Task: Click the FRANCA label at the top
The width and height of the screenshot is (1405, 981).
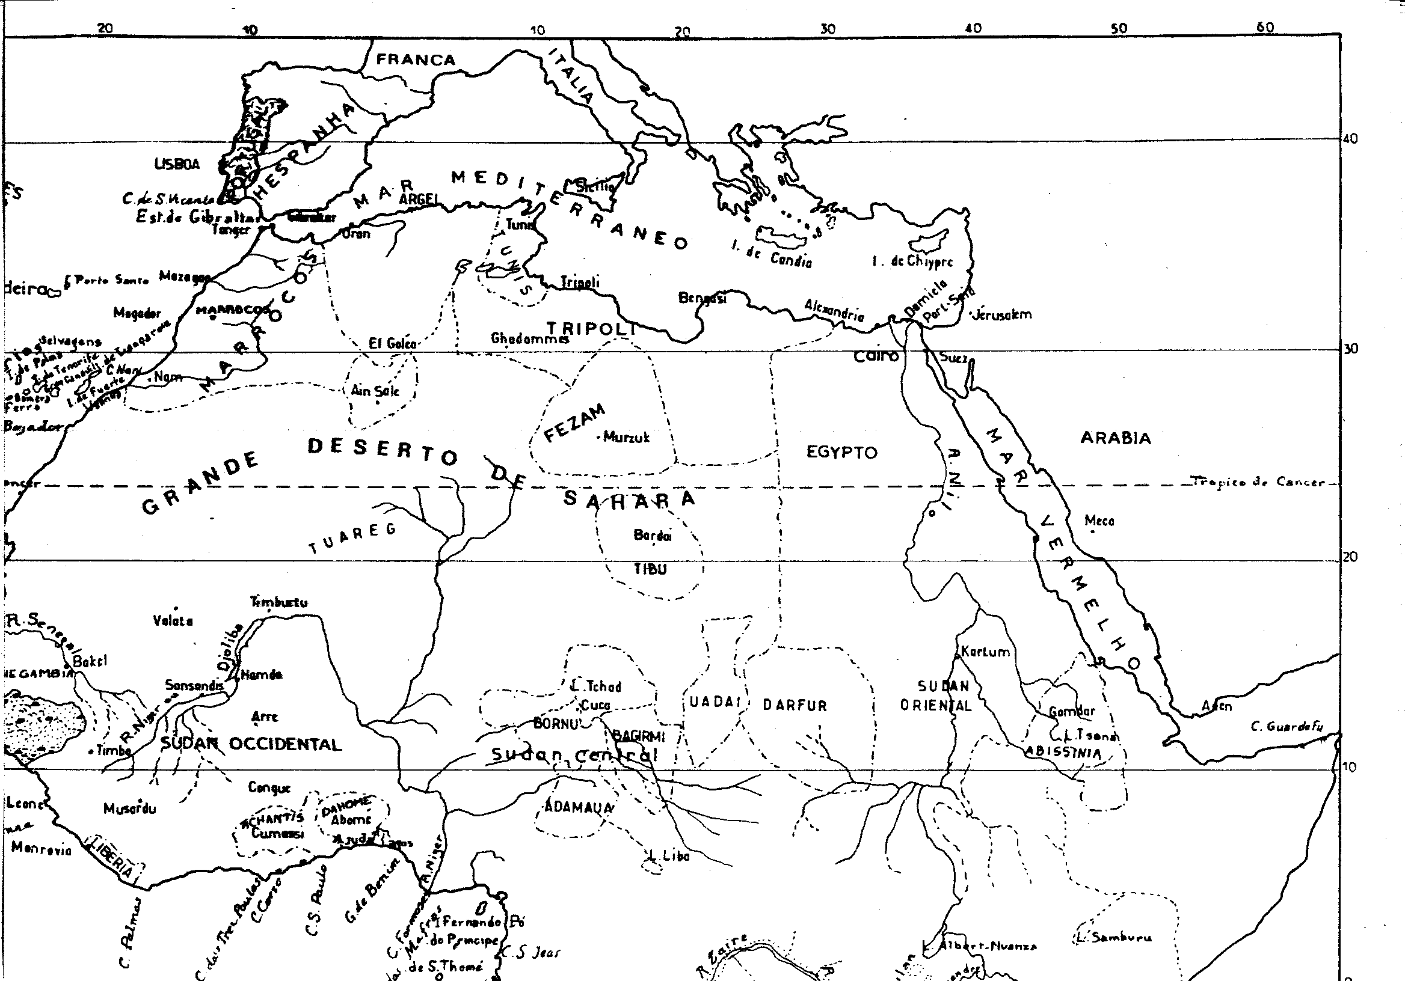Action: (416, 60)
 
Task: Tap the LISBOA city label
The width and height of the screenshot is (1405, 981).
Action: (177, 165)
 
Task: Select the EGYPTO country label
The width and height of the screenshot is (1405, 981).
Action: (842, 453)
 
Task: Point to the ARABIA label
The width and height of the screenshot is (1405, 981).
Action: (1115, 438)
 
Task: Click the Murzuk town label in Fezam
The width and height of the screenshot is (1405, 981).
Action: (626, 437)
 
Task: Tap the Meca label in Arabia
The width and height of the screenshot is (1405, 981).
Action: (1099, 521)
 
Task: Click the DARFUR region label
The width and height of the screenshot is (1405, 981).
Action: (795, 706)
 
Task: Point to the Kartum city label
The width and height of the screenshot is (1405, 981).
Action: (985, 652)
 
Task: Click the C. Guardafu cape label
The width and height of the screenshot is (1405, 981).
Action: (1287, 727)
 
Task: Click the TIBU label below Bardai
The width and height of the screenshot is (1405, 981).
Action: (650, 569)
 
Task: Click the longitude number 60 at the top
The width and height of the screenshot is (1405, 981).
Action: (1265, 28)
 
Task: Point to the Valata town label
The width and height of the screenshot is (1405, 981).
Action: (173, 622)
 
